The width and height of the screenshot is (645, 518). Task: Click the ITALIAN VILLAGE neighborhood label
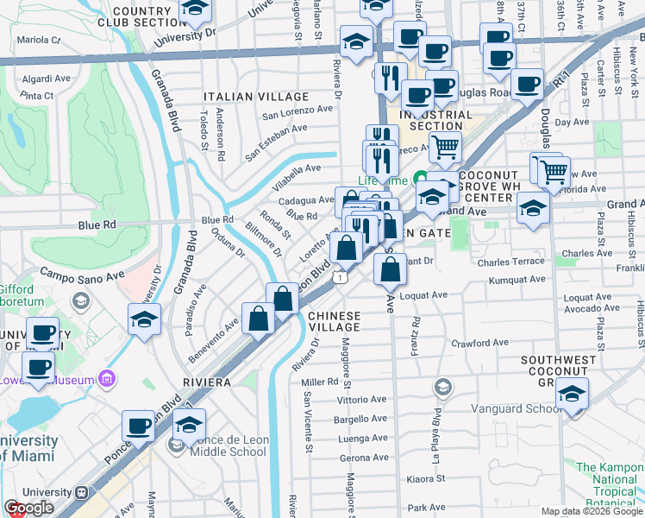[256, 96]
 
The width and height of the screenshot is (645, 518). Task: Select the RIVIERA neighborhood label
[206, 382]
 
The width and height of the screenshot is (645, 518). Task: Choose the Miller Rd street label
[319, 382]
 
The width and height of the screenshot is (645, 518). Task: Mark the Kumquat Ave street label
[517, 280]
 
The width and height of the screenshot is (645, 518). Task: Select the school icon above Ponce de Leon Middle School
[190, 425]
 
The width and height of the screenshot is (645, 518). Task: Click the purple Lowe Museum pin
[106, 378]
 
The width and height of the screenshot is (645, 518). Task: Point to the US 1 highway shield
[342, 277]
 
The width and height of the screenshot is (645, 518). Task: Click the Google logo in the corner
[28, 508]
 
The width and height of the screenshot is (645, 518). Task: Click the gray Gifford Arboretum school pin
[81, 300]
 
